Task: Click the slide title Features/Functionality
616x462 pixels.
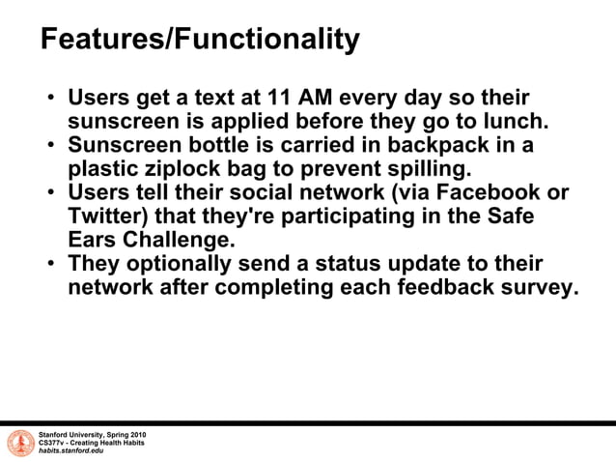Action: [x=200, y=40]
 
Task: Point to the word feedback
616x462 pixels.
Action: [x=423, y=287]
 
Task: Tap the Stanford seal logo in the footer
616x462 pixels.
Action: [x=20, y=443]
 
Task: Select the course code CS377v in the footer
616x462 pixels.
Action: [x=53, y=443]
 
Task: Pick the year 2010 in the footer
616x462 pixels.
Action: [x=136, y=434]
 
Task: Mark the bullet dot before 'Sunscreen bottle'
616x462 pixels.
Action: [x=49, y=146]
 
